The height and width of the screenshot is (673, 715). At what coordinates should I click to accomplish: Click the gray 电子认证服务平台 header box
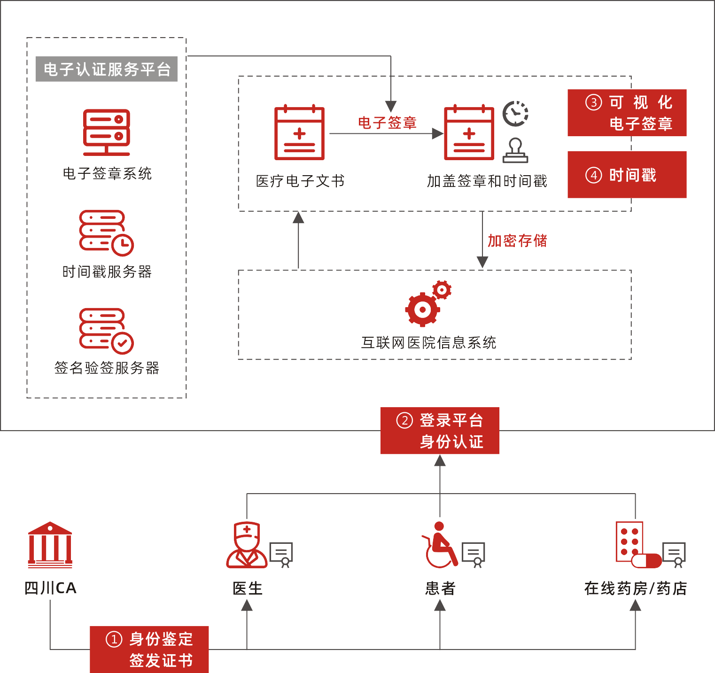[x=107, y=69]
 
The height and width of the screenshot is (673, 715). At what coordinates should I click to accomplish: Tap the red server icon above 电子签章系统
[x=107, y=132]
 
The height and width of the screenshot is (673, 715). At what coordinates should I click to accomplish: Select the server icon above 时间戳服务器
[x=106, y=233]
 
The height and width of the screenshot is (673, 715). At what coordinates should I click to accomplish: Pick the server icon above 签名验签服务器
[x=106, y=331]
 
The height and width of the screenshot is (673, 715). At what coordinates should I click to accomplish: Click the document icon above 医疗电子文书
[x=299, y=133]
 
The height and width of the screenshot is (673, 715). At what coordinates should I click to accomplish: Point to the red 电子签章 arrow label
[x=387, y=123]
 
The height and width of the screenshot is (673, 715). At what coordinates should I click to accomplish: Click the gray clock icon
[x=515, y=114]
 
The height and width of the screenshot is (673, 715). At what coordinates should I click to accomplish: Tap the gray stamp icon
[x=515, y=151]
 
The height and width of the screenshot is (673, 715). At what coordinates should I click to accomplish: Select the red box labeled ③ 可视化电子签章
[x=627, y=113]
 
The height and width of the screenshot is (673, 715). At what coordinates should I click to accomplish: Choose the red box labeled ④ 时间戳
[x=627, y=175]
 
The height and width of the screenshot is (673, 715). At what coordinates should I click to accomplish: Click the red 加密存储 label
[x=517, y=241]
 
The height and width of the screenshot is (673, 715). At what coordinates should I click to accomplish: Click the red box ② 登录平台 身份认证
[x=440, y=431]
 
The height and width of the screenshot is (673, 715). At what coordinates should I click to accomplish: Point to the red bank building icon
[x=50, y=545]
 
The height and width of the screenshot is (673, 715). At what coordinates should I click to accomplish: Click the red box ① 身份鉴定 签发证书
[x=149, y=650]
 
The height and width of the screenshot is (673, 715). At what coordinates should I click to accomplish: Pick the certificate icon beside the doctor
[x=281, y=555]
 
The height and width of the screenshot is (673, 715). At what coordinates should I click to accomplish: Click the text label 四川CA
[x=50, y=588]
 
